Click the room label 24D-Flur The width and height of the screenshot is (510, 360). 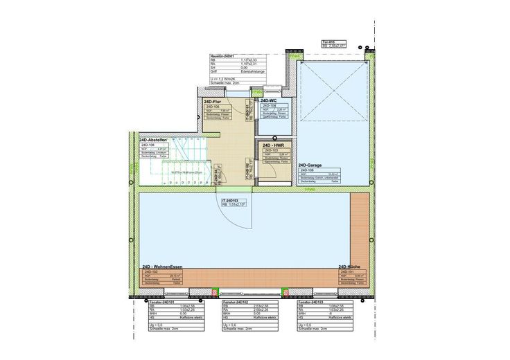(212, 101)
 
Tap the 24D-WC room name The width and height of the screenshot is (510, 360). (269, 101)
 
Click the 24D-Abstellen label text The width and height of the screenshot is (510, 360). (154, 140)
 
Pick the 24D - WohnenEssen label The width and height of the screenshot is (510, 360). (164, 267)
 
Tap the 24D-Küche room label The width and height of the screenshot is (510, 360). (351, 267)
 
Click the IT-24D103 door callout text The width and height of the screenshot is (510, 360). (231, 199)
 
